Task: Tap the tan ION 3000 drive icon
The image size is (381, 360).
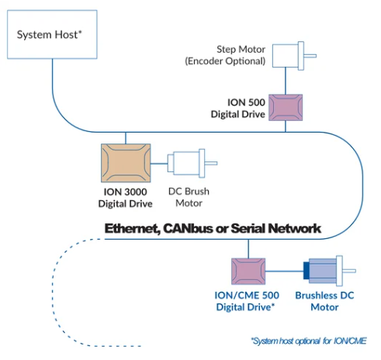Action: [126, 163]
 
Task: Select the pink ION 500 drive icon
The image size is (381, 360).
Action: [286, 108]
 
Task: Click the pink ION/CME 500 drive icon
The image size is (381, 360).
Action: [248, 272]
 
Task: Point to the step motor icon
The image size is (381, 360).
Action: [294, 56]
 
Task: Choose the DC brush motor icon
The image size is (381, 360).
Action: [192, 163]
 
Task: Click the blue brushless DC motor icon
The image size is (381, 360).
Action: [329, 271]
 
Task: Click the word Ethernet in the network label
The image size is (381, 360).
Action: [133, 229]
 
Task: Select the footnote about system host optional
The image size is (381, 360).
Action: [309, 341]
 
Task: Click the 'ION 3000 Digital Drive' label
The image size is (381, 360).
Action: [126, 198]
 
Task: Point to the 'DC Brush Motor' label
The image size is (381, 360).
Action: [189, 197]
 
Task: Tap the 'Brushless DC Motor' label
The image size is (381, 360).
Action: [324, 301]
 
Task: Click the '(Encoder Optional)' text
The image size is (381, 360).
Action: [225, 61]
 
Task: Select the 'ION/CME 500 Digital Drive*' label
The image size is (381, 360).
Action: [247, 301]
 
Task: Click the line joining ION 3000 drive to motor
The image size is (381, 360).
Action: [159, 164]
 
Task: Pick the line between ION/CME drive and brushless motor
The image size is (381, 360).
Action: [284, 272]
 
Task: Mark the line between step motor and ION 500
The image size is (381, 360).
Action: [286, 81]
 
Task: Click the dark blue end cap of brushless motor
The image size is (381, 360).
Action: [307, 271]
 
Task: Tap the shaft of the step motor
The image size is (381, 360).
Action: [310, 56]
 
